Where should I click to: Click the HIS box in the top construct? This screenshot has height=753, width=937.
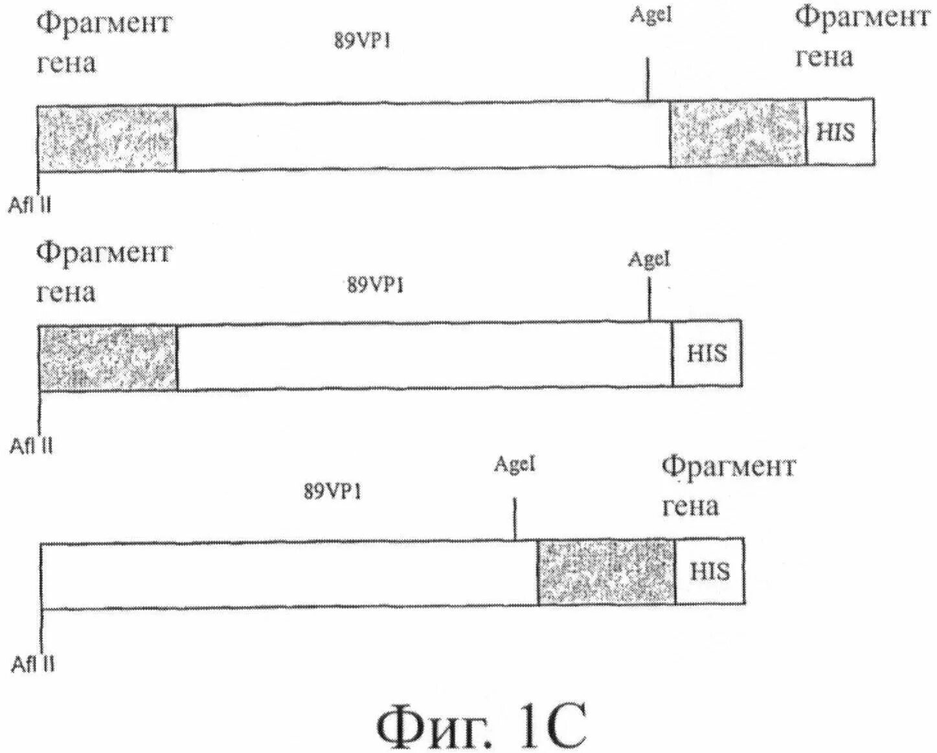[x=840, y=132]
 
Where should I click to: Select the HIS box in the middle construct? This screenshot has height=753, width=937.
[x=706, y=354]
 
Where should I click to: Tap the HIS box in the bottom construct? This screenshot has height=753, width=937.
[x=710, y=571]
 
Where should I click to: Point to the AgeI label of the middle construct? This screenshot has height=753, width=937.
[x=649, y=260]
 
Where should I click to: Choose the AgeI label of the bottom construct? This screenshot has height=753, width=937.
[x=515, y=464]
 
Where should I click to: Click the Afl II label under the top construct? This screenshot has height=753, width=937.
[x=30, y=205]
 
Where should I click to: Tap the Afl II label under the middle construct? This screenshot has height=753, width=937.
[x=31, y=445]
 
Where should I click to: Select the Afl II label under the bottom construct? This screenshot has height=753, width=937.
[x=33, y=664]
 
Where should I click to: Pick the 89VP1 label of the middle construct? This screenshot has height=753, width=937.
[x=375, y=285]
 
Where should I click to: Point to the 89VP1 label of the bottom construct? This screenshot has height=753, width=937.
[x=332, y=492]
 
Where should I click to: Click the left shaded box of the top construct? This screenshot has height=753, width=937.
[x=106, y=137]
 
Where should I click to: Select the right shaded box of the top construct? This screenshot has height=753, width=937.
[x=738, y=133]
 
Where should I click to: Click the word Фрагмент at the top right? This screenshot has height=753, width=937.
[x=862, y=18]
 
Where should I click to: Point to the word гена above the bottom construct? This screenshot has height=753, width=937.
[x=690, y=506]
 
